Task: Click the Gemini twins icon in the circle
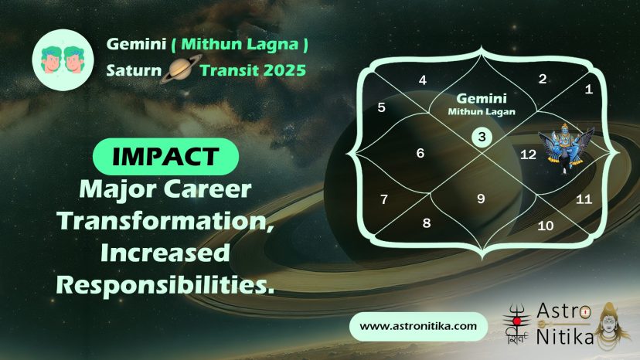pyautogui.click(x=63, y=60)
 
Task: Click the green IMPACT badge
pyautogui.click(x=165, y=156)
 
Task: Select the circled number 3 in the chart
pyautogui.click(x=482, y=137)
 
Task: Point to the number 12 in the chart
pyautogui.click(x=528, y=155)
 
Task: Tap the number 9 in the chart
pyautogui.click(x=482, y=199)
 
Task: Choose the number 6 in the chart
pyautogui.click(x=420, y=153)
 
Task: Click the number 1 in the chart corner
pyautogui.click(x=588, y=89)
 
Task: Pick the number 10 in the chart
pyautogui.click(x=545, y=226)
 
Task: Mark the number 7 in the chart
pyautogui.click(x=384, y=199)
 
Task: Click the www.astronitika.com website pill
pyautogui.click(x=418, y=327)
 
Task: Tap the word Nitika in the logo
pyautogui.click(x=565, y=337)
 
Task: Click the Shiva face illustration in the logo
pyautogui.click(x=609, y=325)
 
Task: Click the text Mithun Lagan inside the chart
pyautogui.click(x=482, y=112)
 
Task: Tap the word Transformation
pyautogui.click(x=165, y=221)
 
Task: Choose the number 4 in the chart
pyautogui.click(x=423, y=80)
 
